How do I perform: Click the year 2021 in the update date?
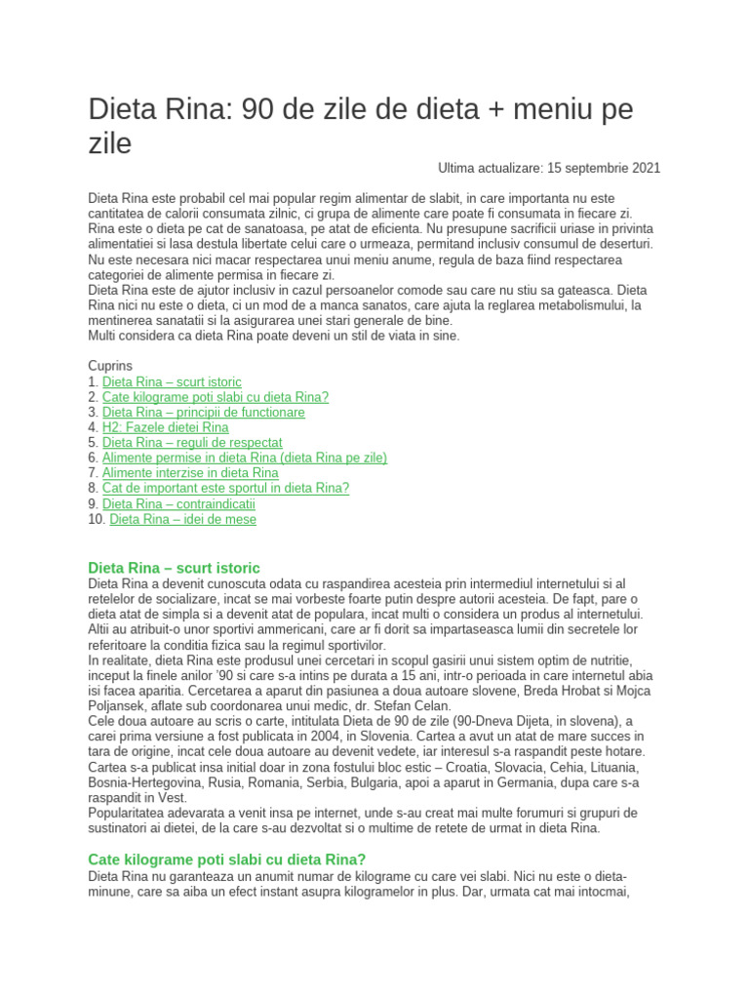[644, 168]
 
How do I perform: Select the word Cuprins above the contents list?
[110, 366]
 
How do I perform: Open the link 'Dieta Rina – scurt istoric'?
[172, 381]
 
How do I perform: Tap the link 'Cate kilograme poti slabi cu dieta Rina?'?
[216, 397]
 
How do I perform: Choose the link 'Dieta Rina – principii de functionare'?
[204, 413]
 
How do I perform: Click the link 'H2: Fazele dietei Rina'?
[166, 427]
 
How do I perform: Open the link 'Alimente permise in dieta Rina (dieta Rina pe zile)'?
[245, 459]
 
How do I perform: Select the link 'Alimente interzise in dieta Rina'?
[190, 473]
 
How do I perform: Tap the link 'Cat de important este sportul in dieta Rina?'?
[225, 489]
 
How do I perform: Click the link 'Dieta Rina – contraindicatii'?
[178, 504]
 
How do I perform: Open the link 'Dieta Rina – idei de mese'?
[183, 520]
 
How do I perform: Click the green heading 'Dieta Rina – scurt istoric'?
[174, 567]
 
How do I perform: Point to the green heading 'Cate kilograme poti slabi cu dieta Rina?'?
[226, 859]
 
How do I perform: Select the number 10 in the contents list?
[95, 520]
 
